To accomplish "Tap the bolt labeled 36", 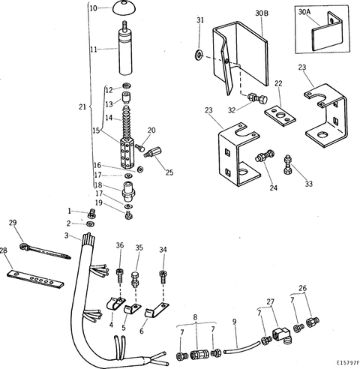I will pyautogui.click(x=119, y=271).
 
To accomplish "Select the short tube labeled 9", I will pyautogui.click(x=238, y=347).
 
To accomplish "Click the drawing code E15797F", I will pyautogui.click(x=341, y=361).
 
